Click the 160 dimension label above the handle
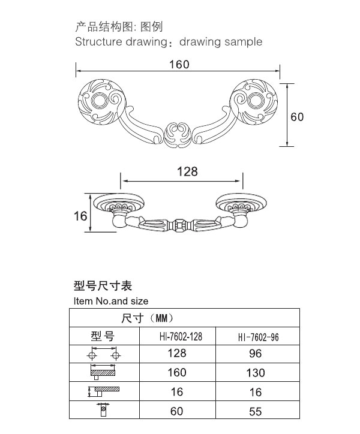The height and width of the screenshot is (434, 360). point(179,65)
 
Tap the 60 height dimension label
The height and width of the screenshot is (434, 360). point(297,117)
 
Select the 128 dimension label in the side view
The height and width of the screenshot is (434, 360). point(187,171)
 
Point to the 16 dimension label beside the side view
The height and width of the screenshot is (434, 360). point(80,216)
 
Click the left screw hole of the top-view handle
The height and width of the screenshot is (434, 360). point(100,101)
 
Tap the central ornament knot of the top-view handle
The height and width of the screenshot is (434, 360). point(178,135)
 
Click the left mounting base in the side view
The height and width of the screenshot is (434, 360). point(119,203)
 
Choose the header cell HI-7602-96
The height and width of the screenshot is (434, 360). point(258,337)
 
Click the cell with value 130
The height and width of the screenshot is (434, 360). point(256,373)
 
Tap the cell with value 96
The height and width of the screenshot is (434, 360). point(255,354)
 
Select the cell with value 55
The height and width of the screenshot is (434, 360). point(255,412)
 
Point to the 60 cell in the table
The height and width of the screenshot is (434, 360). point(177,411)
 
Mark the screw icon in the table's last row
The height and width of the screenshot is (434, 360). point(103,410)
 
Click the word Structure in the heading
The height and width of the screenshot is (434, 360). point(98,42)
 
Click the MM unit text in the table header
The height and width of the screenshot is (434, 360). point(161,318)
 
